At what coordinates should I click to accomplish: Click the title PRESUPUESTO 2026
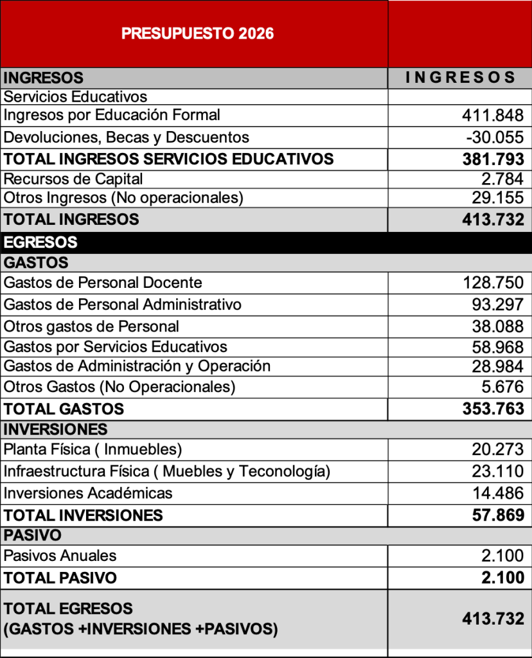point(197,33)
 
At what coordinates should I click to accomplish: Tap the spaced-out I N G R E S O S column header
point(461,78)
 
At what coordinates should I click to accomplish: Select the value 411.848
point(493,116)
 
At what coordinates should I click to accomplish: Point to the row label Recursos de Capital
point(73,179)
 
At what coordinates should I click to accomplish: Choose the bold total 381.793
point(493,159)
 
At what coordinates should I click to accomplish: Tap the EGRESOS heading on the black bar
point(40,242)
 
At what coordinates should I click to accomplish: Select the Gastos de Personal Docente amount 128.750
point(493,283)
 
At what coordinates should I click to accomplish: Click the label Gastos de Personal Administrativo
point(122,304)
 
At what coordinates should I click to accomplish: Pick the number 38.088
point(497,326)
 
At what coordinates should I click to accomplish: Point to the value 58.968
point(497,348)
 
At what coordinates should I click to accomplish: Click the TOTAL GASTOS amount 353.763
point(493,409)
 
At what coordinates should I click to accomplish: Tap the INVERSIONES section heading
point(55,429)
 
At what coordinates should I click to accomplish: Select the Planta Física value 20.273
point(497,449)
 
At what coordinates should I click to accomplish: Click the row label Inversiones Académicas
point(88,493)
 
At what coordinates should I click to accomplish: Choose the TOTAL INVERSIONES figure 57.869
point(497,515)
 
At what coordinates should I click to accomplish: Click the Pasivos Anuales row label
point(60,556)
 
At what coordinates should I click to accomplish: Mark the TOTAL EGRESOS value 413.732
point(493,619)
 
